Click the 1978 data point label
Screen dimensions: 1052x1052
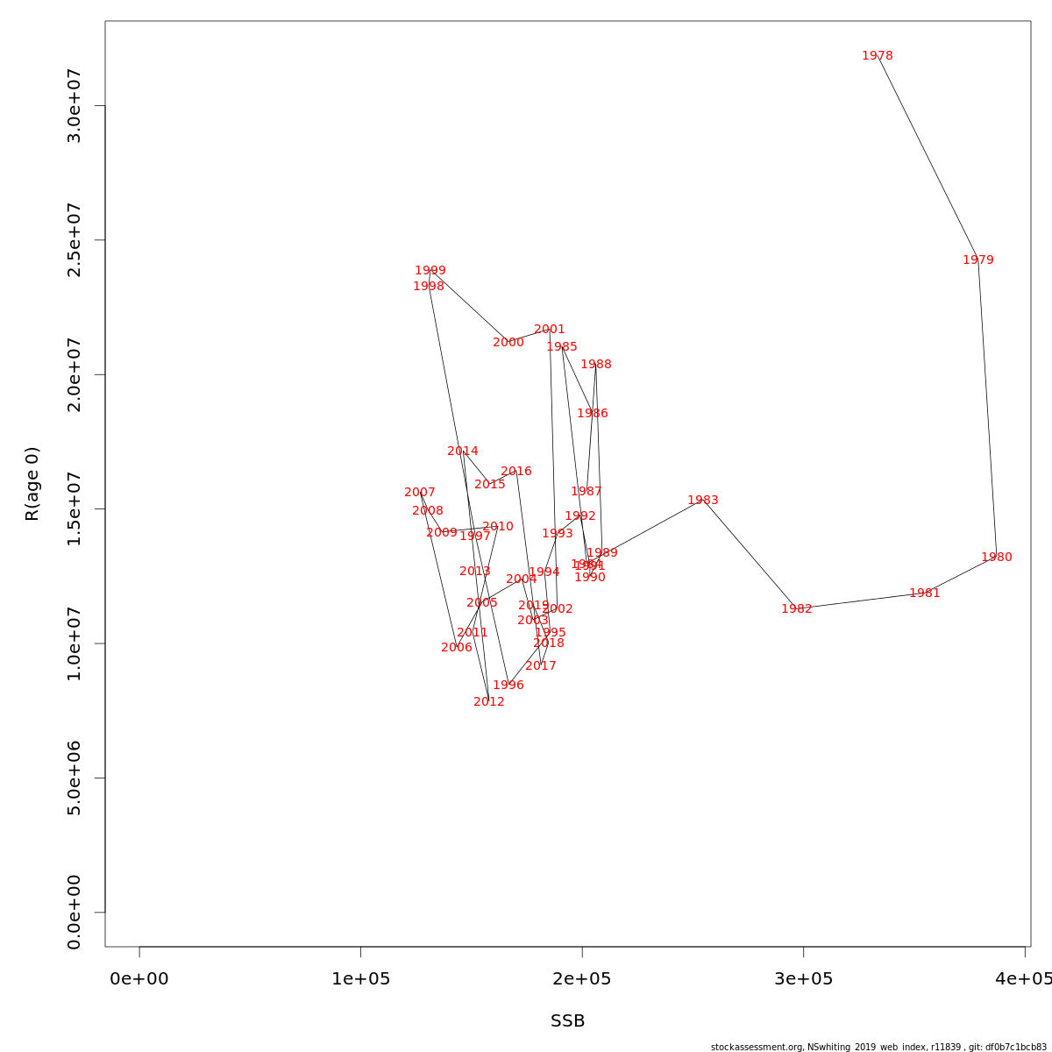click(x=877, y=56)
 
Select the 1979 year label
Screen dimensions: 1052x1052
click(x=977, y=260)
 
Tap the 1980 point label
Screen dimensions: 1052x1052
click(x=996, y=558)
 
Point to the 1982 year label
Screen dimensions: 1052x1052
click(x=796, y=609)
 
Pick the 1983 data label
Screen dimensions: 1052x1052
click(x=702, y=501)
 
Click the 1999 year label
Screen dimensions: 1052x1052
click(x=430, y=271)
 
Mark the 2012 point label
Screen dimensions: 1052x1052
click(x=488, y=702)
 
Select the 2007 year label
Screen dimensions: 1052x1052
click(x=419, y=493)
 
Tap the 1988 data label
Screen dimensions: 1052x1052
click(x=595, y=365)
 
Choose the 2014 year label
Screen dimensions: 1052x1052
click(x=462, y=451)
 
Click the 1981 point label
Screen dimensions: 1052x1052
click(x=924, y=594)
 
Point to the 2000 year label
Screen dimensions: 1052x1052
click(x=508, y=343)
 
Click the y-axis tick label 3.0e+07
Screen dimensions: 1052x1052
click(x=75, y=106)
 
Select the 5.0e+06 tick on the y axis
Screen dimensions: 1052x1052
click(x=75, y=778)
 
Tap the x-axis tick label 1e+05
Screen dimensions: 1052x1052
click(x=360, y=978)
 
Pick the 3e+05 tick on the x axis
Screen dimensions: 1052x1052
click(x=803, y=978)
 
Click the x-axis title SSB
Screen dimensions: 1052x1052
click(x=567, y=1021)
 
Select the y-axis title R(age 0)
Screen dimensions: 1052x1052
click(x=32, y=484)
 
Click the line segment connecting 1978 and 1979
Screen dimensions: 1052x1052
click(x=927, y=156)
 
